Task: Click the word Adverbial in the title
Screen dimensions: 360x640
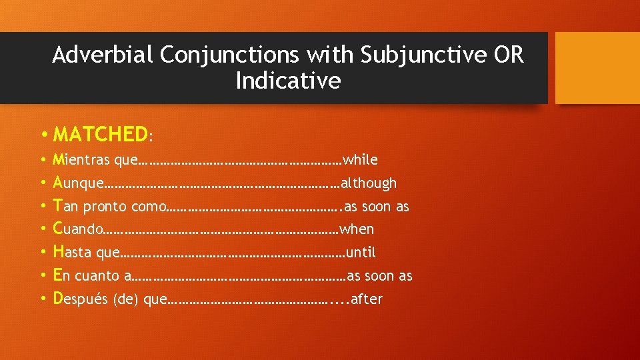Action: (97, 55)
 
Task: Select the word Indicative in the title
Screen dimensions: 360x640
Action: (288, 81)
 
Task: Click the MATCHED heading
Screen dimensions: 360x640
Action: (100, 135)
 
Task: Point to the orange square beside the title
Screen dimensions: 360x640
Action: (597, 68)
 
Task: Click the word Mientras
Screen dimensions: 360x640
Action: (81, 160)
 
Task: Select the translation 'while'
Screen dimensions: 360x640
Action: (360, 160)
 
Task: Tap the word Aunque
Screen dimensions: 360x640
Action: (79, 183)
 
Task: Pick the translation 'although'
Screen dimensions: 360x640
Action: (369, 183)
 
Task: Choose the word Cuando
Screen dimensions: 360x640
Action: (79, 229)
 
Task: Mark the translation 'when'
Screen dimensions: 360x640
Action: (357, 229)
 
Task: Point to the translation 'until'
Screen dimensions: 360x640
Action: (361, 252)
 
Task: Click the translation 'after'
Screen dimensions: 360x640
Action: (367, 299)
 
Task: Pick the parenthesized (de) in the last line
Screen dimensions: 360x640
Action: (125, 299)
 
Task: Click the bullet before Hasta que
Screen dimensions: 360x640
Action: (42, 252)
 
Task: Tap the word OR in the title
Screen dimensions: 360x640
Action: (509, 55)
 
